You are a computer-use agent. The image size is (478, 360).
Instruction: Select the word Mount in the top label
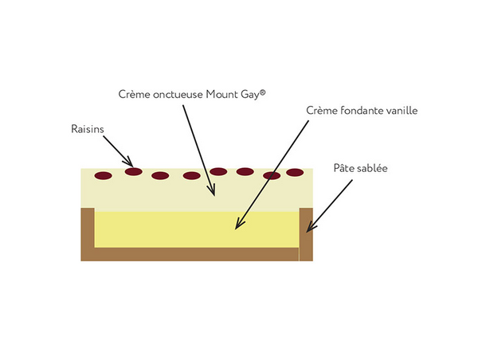click(223, 94)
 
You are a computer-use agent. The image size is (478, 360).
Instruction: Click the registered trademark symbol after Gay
click(262, 92)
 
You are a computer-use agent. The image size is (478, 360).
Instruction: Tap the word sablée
click(374, 169)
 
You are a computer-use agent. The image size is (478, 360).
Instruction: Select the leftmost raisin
click(103, 175)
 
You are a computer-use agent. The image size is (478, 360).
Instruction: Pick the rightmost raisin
click(295, 172)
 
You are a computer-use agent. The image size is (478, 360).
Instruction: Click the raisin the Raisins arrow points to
click(133, 171)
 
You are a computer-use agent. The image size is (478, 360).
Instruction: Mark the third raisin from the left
click(160, 175)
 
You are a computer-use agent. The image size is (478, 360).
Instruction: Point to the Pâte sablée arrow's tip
click(308, 231)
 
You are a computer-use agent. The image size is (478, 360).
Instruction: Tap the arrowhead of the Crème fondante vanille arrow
click(236, 229)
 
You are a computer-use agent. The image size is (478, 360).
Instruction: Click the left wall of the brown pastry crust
click(88, 233)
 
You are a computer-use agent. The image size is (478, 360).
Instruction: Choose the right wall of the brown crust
click(306, 235)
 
